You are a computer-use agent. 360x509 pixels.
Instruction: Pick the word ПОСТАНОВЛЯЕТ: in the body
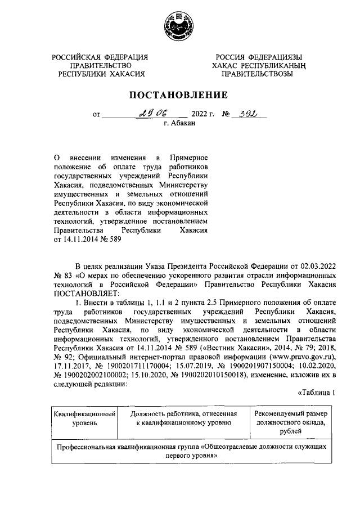click(84, 294)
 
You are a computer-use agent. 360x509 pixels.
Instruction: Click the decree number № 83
click(61, 276)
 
